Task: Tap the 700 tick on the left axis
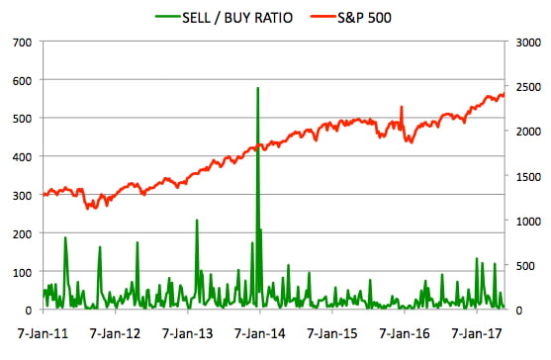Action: [x=22, y=43]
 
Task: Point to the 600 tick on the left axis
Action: [x=22, y=81]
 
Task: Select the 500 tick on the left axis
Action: [x=22, y=119]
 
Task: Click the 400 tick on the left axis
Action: [x=22, y=157]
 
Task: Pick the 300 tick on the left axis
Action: [x=22, y=196]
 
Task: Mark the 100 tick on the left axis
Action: [x=22, y=272]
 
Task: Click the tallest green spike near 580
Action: [x=258, y=89]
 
